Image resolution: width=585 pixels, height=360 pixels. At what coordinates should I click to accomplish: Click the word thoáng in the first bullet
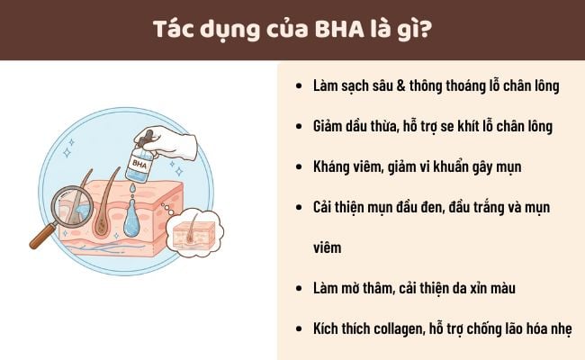[x=435, y=86]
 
